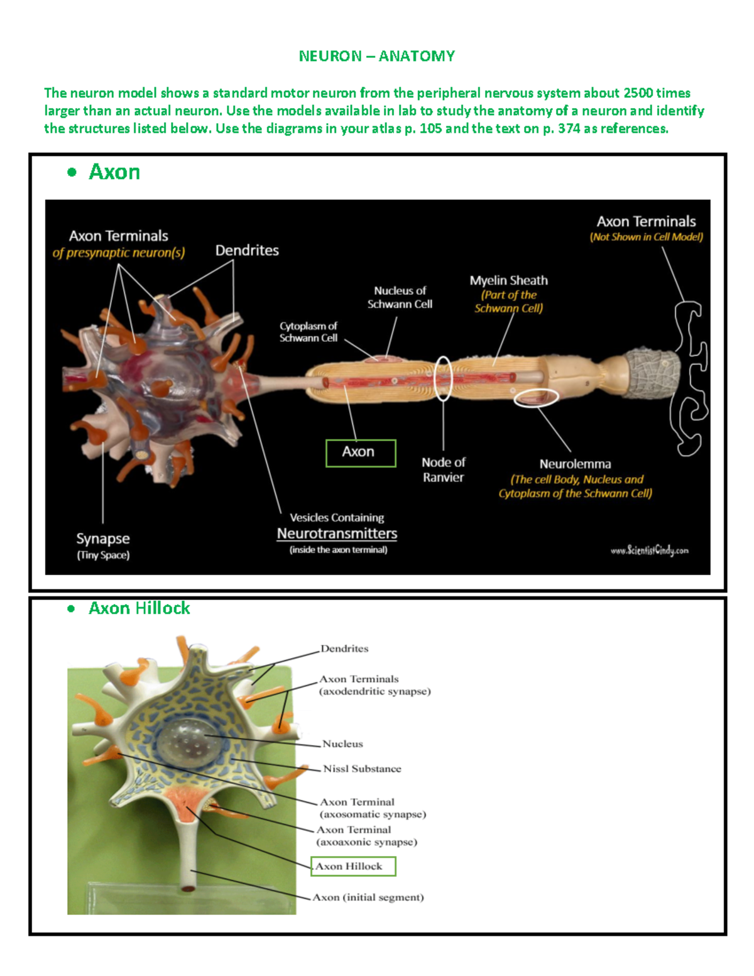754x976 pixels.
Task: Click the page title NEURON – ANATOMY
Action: (x=376, y=56)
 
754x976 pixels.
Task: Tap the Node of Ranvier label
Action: (x=443, y=469)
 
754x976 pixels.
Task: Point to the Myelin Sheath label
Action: (x=508, y=281)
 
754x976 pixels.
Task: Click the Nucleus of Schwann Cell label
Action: (x=400, y=297)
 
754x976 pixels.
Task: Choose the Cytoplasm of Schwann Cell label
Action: (x=309, y=332)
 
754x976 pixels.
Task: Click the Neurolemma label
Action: (x=575, y=464)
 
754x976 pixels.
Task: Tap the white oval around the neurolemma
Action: (x=536, y=397)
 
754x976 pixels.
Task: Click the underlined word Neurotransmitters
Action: (x=337, y=534)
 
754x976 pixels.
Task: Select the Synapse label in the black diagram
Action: (x=103, y=539)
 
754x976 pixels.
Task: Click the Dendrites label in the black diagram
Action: (x=247, y=250)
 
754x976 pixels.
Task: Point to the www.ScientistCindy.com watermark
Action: (x=649, y=551)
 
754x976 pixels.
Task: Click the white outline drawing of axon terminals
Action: (x=690, y=377)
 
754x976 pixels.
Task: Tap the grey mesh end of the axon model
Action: (x=654, y=373)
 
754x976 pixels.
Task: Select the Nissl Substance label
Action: (x=362, y=769)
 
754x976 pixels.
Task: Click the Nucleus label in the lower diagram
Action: (x=342, y=743)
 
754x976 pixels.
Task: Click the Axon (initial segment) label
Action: (x=368, y=897)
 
